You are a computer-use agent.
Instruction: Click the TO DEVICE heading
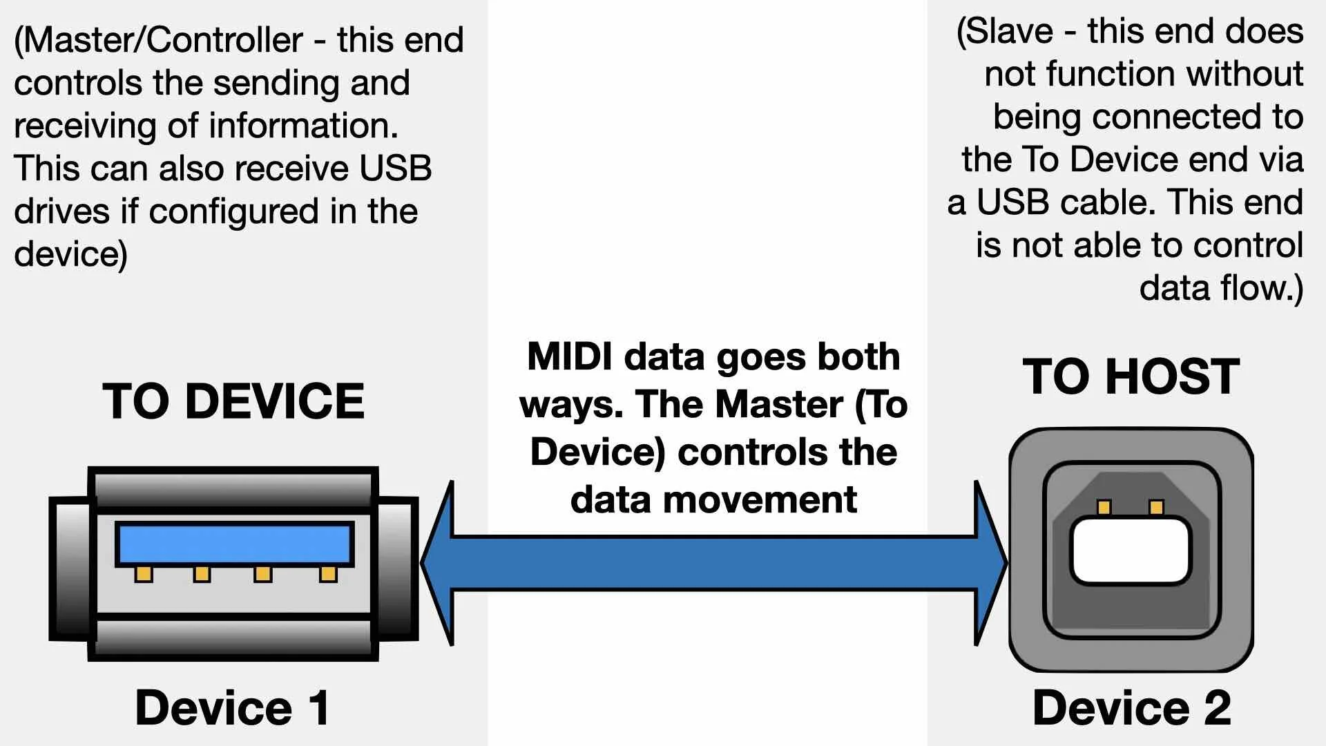click(x=233, y=401)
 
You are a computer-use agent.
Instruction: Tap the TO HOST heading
click(x=1131, y=376)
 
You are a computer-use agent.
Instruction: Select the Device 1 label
click(x=232, y=707)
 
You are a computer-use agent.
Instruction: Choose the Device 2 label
click(x=1131, y=707)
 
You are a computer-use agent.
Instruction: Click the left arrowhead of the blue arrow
click(x=439, y=563)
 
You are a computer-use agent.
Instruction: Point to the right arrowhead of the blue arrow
click(x=990, y=563)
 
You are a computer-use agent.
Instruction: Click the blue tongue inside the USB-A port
click(x=234, y=544)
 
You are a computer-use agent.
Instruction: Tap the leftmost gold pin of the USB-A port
click(x=144, y=574)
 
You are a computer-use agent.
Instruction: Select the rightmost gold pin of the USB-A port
click(x=328, y=574)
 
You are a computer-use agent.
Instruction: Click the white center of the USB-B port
click(x=1131, y=551)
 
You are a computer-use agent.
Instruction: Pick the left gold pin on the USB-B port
click(x=1104, y=508)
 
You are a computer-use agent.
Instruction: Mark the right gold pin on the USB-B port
click(x=1156, y=508)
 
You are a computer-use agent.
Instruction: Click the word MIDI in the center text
click(x=569, y=357)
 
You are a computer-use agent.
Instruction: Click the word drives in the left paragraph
click(x=61, y=211)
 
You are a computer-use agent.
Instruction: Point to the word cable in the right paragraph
click(x=1107, y=202)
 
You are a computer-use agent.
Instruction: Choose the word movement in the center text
click(x=760, y=499)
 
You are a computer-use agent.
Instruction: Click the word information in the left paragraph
click(x=303, y=126)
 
